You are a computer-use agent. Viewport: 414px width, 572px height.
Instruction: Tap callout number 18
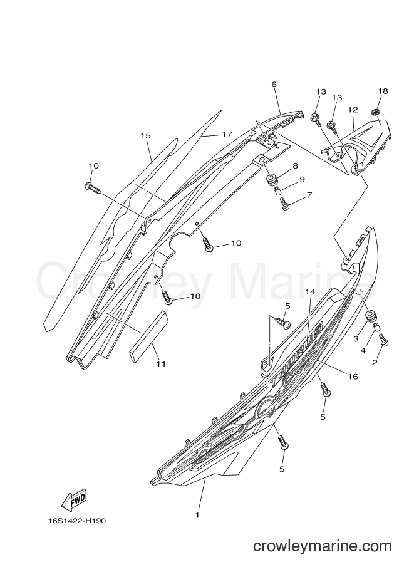pyautogui.click(x=383, y=91)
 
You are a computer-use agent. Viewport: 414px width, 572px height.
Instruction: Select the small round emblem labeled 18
pyautogui.click(x=376, y=113)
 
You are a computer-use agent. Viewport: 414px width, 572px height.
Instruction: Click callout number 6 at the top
pyautogui.click(x=274, y=85)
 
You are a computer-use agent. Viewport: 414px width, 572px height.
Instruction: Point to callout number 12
pyautogui.click(x=353, y=110)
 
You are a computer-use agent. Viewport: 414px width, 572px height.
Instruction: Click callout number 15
pyautogui.click(x=145, y=136)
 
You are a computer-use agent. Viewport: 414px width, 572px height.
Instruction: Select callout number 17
pyautogui.click(x=227, y=134)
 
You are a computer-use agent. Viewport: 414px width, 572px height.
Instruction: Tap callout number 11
pyautogui.click(x=161, y=364)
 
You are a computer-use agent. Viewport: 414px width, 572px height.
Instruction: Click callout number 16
pyautogui.click(x=353, y=377)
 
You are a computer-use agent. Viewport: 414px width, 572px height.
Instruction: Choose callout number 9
pyautogui.click(x=302, y=179)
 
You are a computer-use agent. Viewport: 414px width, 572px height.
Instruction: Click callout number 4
pyautogui.click(x=363, y=351)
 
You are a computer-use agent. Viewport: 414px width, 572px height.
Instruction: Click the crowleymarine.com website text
pyautogui.click(x=323, y=546)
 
